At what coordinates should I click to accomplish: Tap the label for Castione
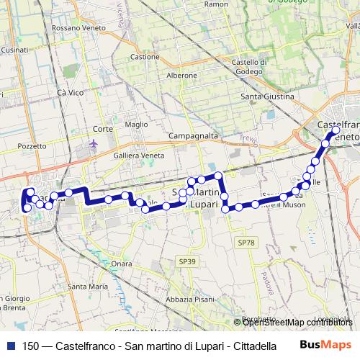tap(145, 57)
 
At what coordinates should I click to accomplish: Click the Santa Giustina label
tap(267, 96)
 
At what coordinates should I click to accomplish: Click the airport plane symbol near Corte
tap(94, 144)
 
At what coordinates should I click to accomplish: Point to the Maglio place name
tap(137, 124)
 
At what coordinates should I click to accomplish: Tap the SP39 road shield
tap(186, 260)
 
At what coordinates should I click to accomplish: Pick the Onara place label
tap(122, 264)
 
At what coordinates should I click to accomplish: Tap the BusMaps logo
tap(326, 345)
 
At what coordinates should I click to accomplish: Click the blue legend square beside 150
tap(10, 345)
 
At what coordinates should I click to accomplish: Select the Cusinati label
tap(14, 50)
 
